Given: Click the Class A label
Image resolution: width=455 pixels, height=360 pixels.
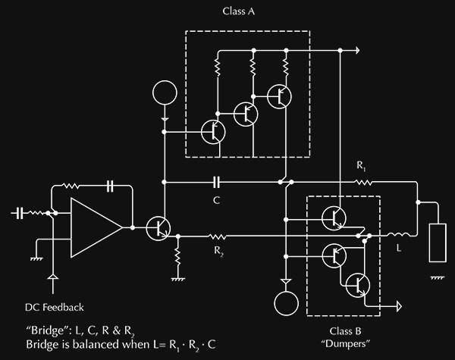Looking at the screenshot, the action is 239,11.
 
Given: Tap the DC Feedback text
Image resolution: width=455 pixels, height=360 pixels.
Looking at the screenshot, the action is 55,307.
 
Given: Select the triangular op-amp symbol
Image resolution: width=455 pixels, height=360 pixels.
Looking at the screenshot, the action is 97,227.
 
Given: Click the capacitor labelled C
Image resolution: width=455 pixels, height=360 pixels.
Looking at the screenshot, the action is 216,182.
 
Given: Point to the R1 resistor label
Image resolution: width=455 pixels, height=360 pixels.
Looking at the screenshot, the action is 361,166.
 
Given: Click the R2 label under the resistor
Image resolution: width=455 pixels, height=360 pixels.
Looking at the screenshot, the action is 219,251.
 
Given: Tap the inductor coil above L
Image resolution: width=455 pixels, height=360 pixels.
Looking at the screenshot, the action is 399,234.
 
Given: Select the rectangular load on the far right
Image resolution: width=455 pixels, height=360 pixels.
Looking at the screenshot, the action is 438,243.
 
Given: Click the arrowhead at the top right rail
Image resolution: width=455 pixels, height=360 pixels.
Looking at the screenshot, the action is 357,51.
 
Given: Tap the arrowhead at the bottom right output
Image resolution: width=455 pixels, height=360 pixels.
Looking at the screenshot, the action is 400,306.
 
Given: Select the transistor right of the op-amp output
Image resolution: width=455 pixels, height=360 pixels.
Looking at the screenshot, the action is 158,228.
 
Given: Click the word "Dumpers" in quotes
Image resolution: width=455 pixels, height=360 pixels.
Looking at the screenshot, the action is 346,344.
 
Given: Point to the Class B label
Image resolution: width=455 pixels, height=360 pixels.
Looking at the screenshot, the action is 345,331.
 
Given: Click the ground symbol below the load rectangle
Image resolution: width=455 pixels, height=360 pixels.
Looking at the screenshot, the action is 438,278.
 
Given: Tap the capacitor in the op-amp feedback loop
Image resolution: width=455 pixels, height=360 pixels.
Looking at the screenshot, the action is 110,186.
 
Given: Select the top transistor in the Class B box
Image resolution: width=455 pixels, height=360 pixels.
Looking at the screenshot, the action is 334,218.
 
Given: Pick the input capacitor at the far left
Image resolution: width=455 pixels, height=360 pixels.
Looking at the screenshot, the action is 19,213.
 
